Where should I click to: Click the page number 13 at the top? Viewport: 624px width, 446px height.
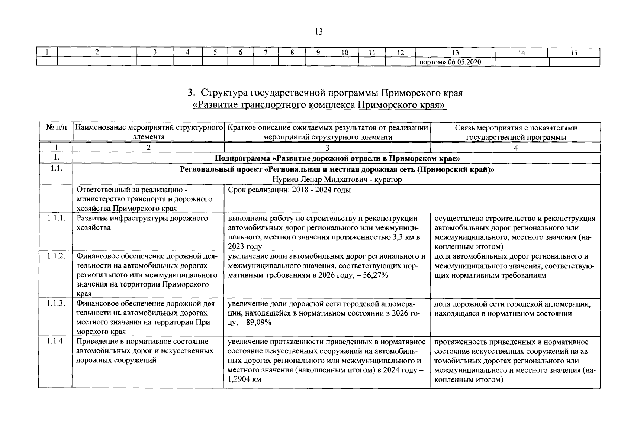[x=318, y=32]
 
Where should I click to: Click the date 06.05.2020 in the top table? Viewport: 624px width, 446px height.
[x=464, y=62]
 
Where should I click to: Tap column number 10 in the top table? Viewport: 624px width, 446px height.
[x=345, y=53]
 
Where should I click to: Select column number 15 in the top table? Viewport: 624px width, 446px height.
[x=574, y=53]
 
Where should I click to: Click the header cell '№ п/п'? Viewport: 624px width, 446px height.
[x=57, y=128]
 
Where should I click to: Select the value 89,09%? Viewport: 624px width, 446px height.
[x=258, y=323]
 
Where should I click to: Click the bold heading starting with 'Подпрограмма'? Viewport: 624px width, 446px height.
[x=337, y=159]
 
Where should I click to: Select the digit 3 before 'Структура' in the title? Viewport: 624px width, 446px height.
[x=191, y=93]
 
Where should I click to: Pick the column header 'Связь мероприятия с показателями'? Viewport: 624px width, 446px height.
[x=516, y=128]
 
